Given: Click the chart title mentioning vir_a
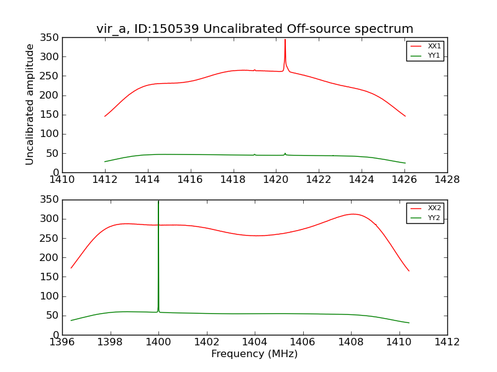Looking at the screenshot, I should tap(255, 29).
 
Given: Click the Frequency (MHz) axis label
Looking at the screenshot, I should tap(255, 354).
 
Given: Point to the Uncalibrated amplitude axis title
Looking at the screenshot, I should tap(30, 104).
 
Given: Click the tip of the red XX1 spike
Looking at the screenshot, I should tap(285, 40).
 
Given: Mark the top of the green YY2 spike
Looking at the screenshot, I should tap(158, 201).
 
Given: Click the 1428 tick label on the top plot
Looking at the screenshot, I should tap(447, 180).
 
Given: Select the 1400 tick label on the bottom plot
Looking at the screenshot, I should tap(158, 342).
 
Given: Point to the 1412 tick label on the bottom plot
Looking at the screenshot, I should tap(447, 342).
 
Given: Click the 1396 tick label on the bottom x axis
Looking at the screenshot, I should tap(62, 342).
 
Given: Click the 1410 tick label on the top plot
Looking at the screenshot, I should tap(62, 180).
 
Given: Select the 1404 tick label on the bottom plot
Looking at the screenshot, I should tap(255, 342).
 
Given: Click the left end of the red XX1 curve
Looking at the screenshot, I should tap(105, 116).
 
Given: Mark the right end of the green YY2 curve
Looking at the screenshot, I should tap(409, 323).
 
